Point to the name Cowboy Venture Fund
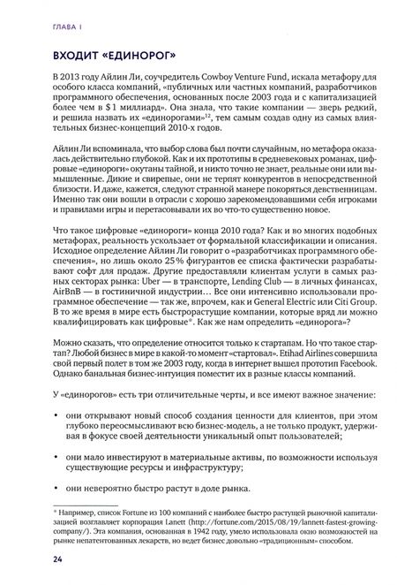pyautogui.click(x=240, y=80)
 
